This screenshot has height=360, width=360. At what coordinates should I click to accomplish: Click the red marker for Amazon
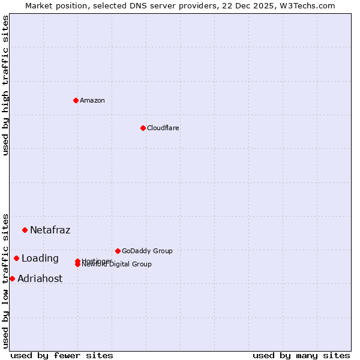tap(76, 100)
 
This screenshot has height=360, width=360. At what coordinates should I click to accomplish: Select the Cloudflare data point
tap(143, 128)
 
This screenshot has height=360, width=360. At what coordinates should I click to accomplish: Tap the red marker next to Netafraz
tap(25, 230)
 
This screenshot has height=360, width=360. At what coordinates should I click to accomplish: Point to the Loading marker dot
tap(16, 258)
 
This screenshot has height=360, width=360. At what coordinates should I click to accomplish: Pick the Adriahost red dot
tap(12, 278)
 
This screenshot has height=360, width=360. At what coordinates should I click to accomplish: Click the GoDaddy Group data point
tap(118, 251)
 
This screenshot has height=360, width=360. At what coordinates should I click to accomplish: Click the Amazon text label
tap(92, 100)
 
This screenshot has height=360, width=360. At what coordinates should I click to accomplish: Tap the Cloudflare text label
tap(163, 128)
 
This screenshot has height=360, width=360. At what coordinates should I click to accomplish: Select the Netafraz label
tap(50, 230)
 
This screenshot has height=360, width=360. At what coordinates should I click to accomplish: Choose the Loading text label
tap(40, 259)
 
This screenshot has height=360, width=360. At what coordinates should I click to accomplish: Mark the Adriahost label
tap(40, 279)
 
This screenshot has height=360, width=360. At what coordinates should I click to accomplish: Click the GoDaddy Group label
tap(147, 251)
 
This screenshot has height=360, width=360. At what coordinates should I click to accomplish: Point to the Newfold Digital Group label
tap(118, 265)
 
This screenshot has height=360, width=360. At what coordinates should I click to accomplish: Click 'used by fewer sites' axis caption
tap(61, 355)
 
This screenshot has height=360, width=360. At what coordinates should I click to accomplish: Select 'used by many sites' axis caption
tap(301, 355)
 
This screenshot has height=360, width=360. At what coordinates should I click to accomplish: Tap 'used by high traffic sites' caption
tap(5, 85)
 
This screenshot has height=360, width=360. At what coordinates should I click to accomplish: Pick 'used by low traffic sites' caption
tap(5, 280)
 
